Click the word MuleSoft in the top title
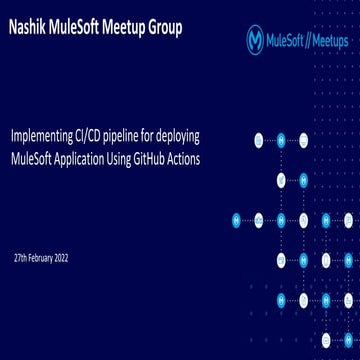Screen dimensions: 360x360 [77, 26]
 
